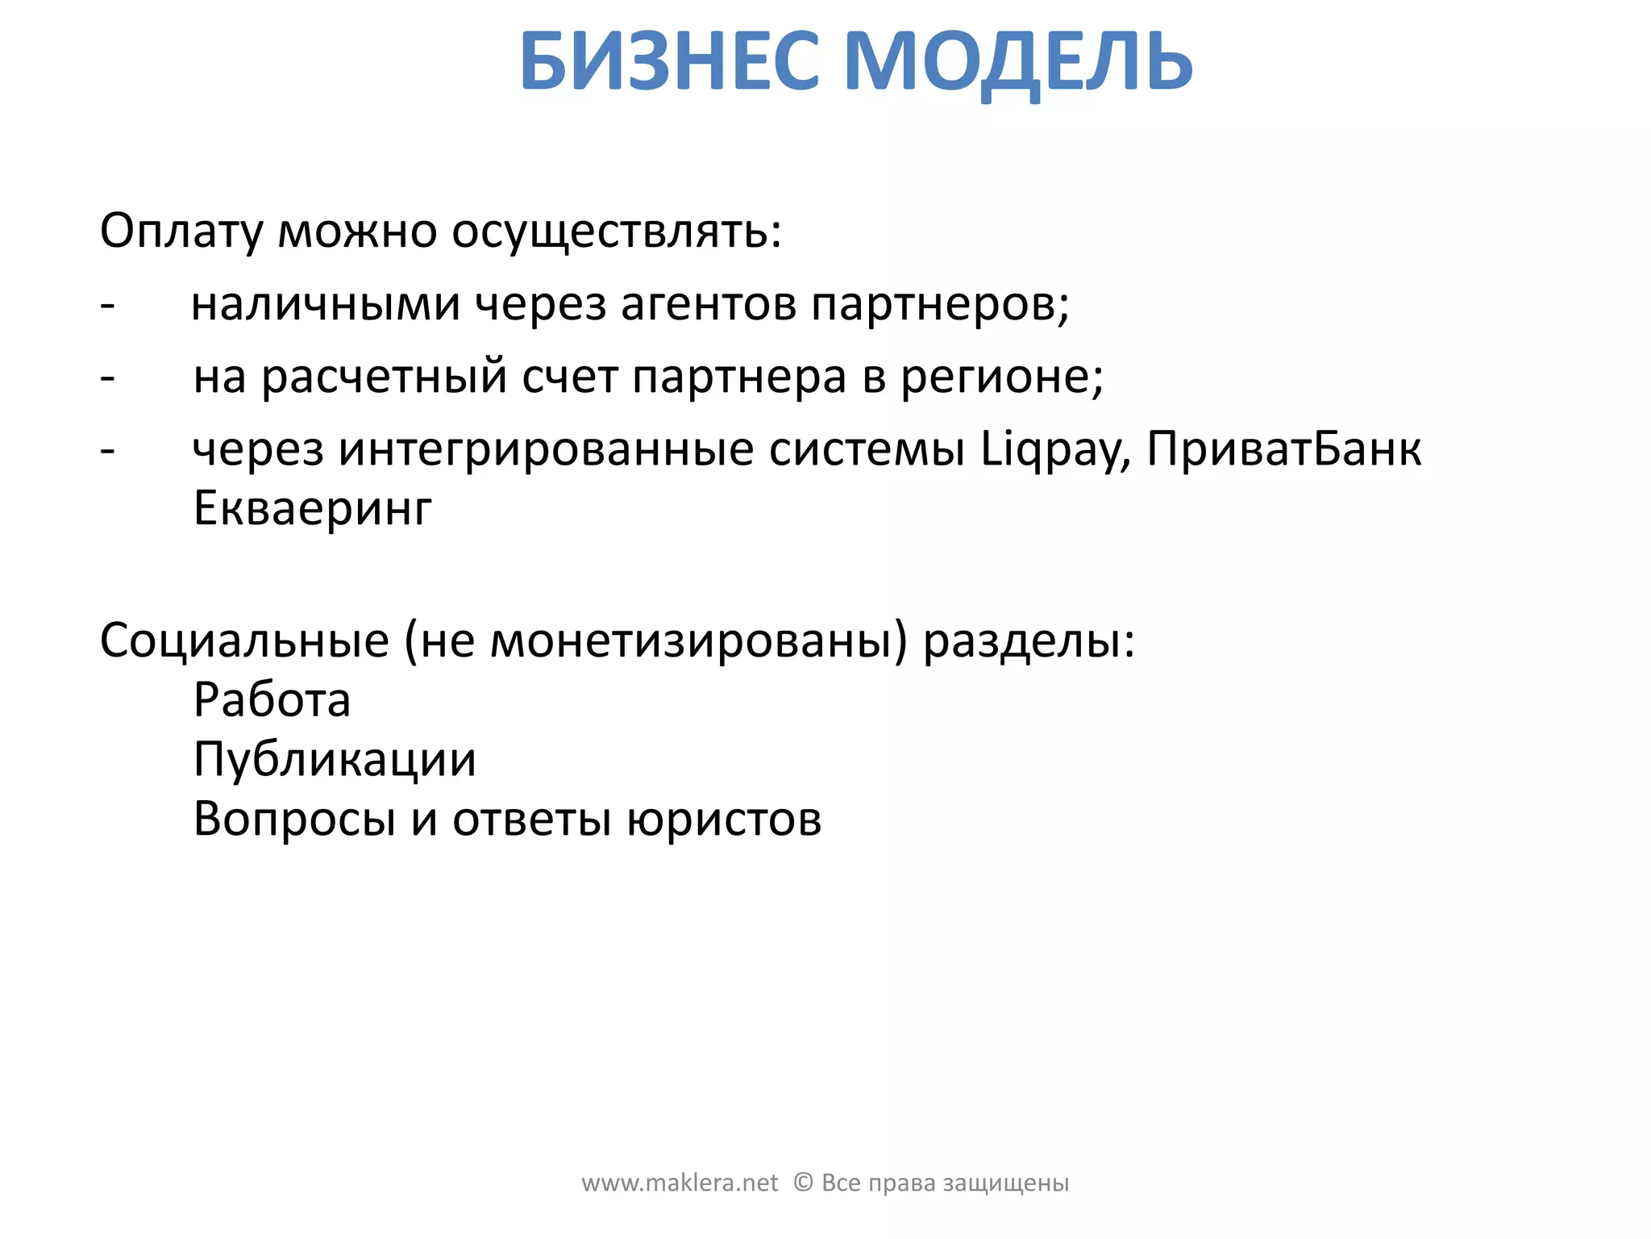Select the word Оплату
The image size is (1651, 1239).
(181, 232)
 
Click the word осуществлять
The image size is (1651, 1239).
(616, 232)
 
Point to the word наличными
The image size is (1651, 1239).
(325, 305)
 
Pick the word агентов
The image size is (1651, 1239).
(709, 305)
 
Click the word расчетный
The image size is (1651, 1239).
(385, 377)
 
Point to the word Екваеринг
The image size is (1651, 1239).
(313, 509)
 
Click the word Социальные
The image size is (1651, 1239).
(244, 641)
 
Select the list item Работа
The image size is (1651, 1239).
(272, 699)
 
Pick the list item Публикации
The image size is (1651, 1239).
(335, 760)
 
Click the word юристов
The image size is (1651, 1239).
(724, 820)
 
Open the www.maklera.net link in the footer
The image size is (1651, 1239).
(680, 1183)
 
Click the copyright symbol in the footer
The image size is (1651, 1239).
(803, 1183)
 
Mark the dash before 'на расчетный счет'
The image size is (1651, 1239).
(107, 378)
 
